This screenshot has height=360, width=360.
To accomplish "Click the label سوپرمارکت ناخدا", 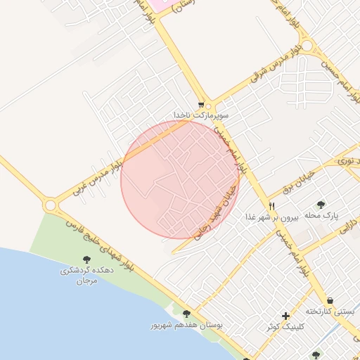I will click(x=201, y=114).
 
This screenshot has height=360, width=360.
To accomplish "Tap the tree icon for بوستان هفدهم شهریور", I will click(x=186, y=314).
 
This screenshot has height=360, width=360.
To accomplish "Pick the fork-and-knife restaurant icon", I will click(x=271, y=206).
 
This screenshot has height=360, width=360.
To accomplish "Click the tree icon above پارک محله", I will click(x=321, y=205).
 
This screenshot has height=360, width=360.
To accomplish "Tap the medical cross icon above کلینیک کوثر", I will click(x=285, y=316).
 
